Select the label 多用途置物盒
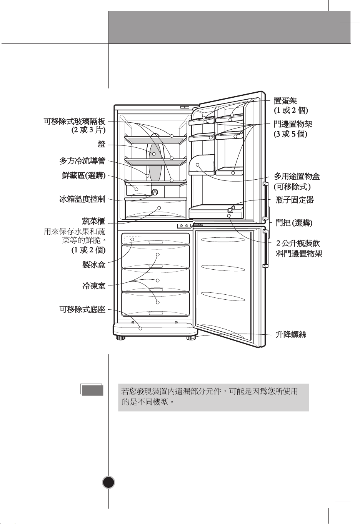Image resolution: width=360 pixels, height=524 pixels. tap(297, 176)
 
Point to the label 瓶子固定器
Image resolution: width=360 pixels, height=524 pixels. tap(295, 200)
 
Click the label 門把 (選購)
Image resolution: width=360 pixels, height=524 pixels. tap(293, 223)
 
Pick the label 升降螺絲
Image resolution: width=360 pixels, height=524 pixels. tap(291, 334)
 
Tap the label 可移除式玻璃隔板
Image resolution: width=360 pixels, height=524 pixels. tap(74, 122)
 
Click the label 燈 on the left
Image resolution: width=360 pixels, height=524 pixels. tap(101, 145)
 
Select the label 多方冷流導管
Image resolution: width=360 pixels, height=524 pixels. tap(82, 161)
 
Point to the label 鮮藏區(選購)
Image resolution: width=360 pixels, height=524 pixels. tap(83, 176)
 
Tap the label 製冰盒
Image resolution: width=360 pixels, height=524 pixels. tap(94, 265)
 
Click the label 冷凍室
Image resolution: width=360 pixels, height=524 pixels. tap(94, 286)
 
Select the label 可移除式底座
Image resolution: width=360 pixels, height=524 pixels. tap(82, 309)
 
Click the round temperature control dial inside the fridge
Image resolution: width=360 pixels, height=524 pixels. tap(155, 192)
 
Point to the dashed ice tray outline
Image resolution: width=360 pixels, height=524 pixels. tap(133, 239)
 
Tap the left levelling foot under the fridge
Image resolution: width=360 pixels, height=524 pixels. tap(121, 339)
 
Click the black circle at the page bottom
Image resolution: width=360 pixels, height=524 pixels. tap(109, 482)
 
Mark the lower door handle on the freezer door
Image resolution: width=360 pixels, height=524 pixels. tap(266, 247)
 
